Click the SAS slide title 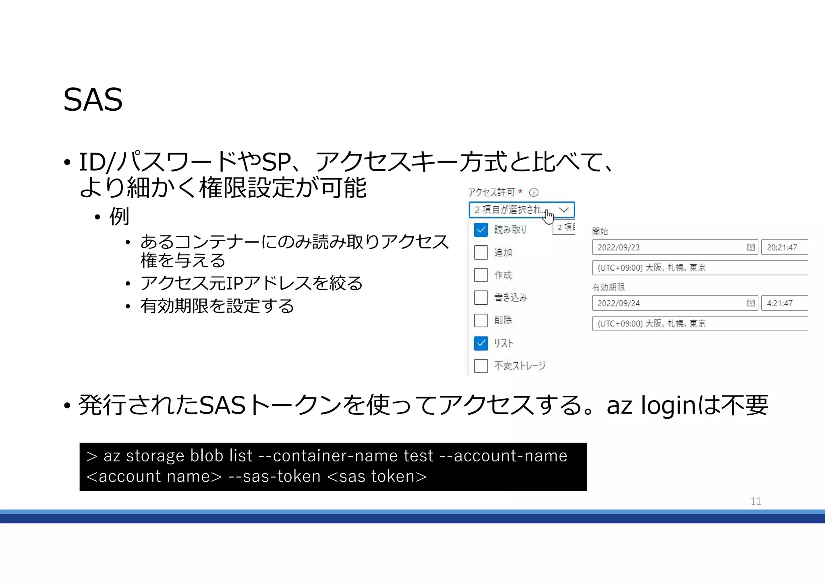(93, 99)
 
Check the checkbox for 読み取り (481, 230)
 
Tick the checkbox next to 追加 (481, 252)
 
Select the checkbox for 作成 (481, 275)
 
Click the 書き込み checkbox (481, 298)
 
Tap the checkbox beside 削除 (481, 320)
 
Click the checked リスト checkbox (481, 343)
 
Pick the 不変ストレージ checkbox (481, 366)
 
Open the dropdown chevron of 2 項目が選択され (564, 210)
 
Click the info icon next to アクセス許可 (534, 192)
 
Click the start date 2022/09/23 (619, 248)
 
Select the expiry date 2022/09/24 (619, 304)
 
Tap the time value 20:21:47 (782, 248)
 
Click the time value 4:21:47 (780, 304)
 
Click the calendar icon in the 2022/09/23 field (751, 248)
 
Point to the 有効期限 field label (608, 287)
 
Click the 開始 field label (600, 231)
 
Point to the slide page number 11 (756, 501)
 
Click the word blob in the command (207, 456)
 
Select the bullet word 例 (119, 217)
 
